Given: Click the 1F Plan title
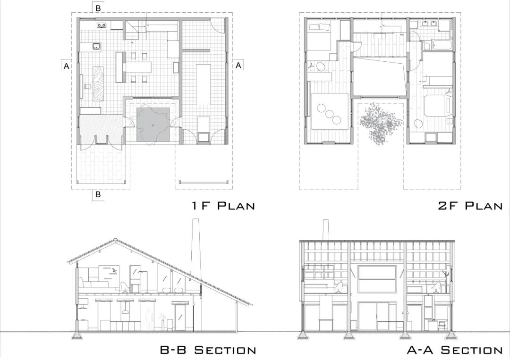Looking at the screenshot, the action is pyautogui.click(x=223, y=206).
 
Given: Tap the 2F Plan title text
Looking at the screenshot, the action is pyautogui.click(x=470, y=206).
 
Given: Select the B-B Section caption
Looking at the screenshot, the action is pyautogui.click(x=208, y=350).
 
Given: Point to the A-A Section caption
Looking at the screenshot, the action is pyautogui.click(x=455, y=350).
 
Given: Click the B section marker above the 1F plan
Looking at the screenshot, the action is pyautogui.click(x=98, y=8).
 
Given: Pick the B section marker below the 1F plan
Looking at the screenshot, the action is pyautogui.click(x=98, y=194).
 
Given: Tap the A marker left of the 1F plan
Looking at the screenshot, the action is pyautogui.click(x=67, y=66).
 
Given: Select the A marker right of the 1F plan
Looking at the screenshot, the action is pyautogui.click(x=238, y=65).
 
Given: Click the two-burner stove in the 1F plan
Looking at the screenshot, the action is pyautogui.click(x=102, y=25).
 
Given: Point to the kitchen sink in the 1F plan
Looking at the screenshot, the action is pyautogui.click(x=96, y=47).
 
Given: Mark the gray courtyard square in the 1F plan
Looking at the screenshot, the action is pyautogui.click(x=153, y=125).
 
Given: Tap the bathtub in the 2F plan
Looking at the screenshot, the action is pyautogui.click(x=438, y=45).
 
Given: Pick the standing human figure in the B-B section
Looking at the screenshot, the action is pyautogui.click(x=149, y=319).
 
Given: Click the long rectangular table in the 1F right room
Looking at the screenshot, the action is pyautogui.click(x=204, y=84).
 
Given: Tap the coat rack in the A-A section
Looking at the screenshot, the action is pyautogui.click(x=447, y=277).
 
